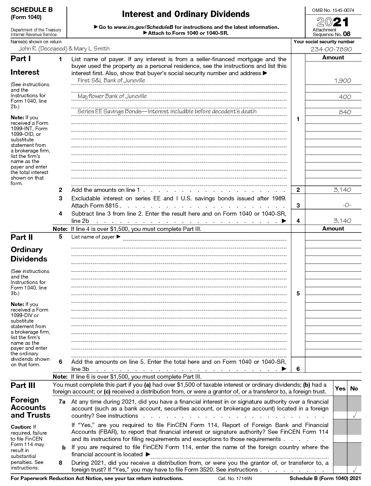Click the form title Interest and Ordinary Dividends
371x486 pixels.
[x=186, y=14]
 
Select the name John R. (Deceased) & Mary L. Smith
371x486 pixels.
[x=61, y=49]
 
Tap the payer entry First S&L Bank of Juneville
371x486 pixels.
[x=111, y=80]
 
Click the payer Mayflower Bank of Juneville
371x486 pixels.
[x=112, y=96]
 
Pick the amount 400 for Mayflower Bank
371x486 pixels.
[x=345, y=97]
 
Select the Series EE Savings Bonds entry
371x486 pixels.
[x=167, y=112]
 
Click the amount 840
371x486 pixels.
[x=345, y=112]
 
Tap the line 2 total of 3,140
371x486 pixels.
[x=343, y=190]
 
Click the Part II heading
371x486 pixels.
[x=22, y=237]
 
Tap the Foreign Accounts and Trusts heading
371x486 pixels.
[x=30, y=407]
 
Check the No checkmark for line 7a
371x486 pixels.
[x=354, y=416]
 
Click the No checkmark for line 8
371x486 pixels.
[x=354, y=469]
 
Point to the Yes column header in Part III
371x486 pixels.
[x=340, y=388]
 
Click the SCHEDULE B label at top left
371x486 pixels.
[x=32, y=10]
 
